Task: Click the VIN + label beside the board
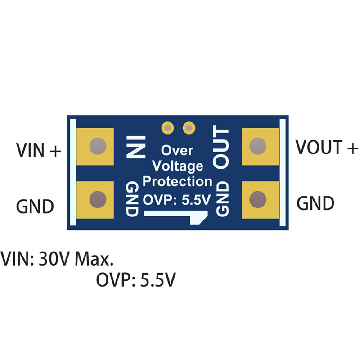click(x=38, y=150)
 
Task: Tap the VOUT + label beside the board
click(x=327, y=147)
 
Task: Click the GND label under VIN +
click(x=35, y=206)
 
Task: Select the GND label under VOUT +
click(x=315, y=203)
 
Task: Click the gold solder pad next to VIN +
click(x=95, y=146)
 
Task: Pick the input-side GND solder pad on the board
click(x=95, y=199)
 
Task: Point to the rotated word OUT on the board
click(x=221, y=148)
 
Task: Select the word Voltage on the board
click(x=177, y=166)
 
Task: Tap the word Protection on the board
click(x=177, y=182)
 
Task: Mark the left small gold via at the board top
click(x=168, y=128)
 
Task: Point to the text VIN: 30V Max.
click(x=57, y=259)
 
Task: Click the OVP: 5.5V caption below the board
click(x=135, y=281)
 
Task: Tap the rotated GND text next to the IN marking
click(x=132, y=199)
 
